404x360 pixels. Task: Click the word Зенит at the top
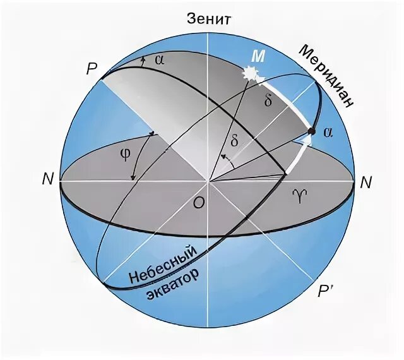tap(209, 18)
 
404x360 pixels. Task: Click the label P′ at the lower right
tap(326, 292)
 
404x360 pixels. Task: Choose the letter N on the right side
tap(365, 183)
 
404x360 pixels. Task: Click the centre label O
tap(198, 203)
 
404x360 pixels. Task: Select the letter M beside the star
tap(258, 56)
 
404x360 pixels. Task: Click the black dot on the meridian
tap(311, 131)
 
